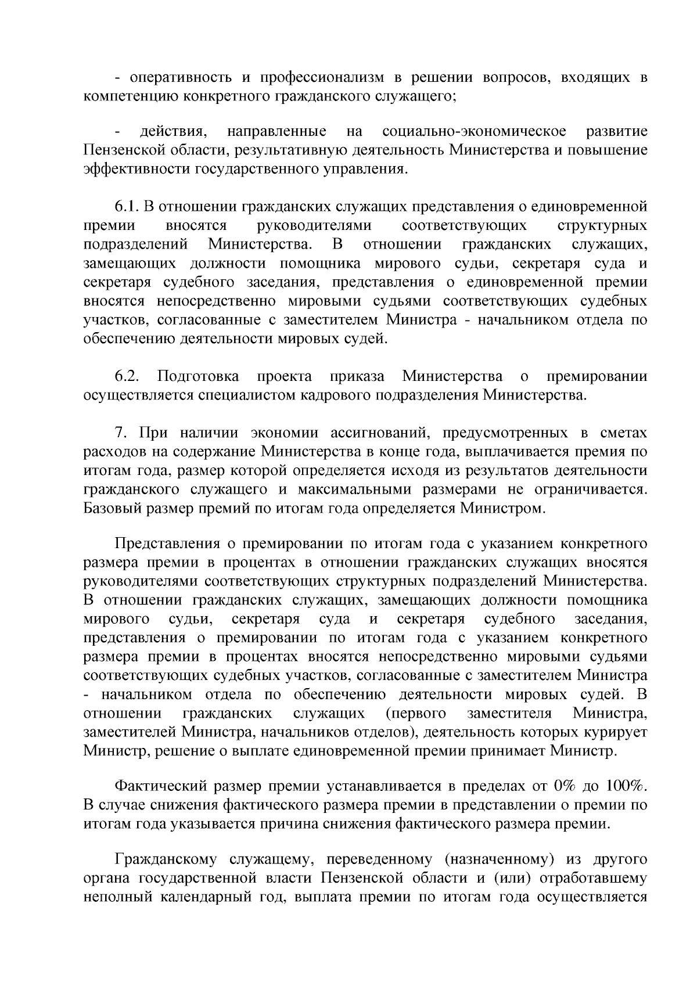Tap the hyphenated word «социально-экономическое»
[x=475, y=132]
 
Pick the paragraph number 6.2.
[x=127, y=377]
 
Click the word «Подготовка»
[x=198, y=377]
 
